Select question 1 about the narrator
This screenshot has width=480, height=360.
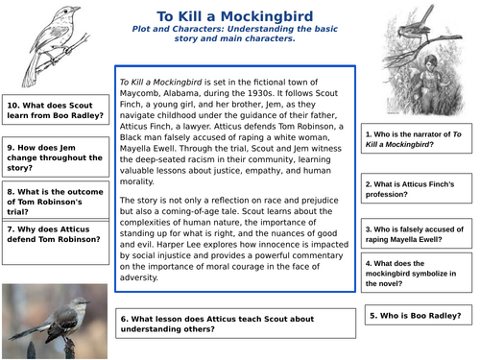coord(416,142)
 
